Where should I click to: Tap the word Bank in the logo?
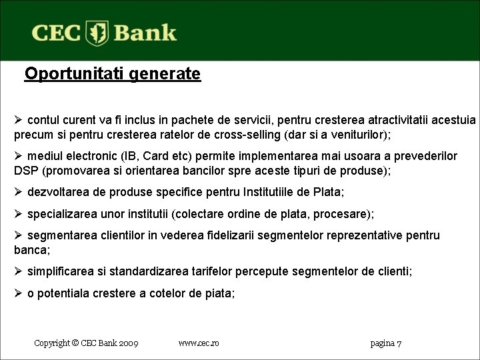click(x=145, y=33)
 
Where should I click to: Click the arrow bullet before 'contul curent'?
click(x=19, y=121)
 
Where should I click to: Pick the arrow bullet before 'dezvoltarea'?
click(x=19, y=193)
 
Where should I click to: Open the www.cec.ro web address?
click(x=199, y=343)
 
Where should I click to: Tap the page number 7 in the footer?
click(x=399, y=343)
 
